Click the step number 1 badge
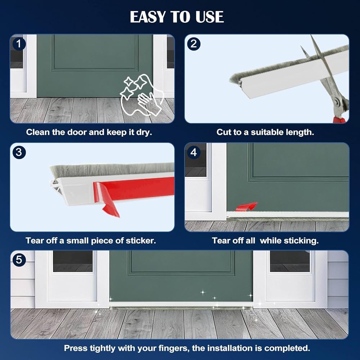coord(19,44)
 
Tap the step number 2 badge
coord(194,44)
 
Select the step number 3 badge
coord(19,152)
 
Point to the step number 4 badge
coord(194,152)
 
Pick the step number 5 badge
coord(19,260)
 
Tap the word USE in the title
coord(210,17)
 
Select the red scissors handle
coord(339,120)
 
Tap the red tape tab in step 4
coord(246,207)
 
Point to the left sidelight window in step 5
coord(73,261)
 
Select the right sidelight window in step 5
coord(290,261)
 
